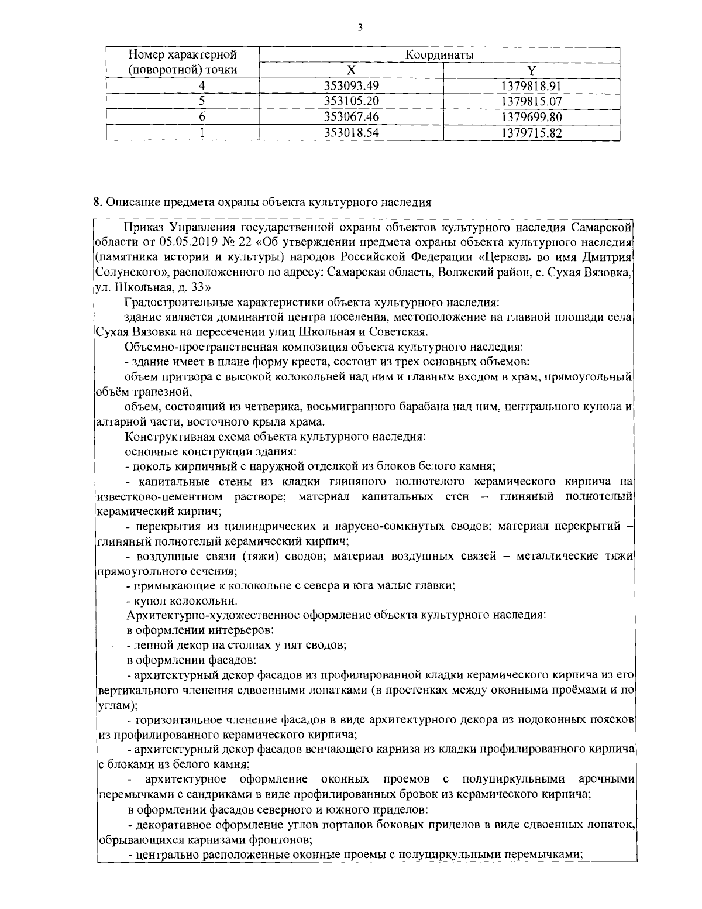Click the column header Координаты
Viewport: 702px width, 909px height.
point(439,55)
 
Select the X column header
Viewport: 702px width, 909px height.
point(351,70)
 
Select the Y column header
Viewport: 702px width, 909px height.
point(531,70)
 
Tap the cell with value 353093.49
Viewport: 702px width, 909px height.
point(352,86)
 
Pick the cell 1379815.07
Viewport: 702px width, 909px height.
point(531,101)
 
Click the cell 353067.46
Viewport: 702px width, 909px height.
point(352,116)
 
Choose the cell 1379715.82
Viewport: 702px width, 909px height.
point(531,132)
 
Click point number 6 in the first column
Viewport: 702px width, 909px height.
point(201,116)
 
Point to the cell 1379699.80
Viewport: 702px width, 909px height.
point(531,116)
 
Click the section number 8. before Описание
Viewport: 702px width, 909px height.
point(98,203)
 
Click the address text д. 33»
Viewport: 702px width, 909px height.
point(189,287)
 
